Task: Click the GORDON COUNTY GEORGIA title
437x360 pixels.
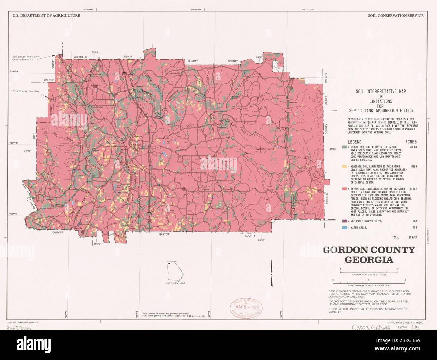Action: [369, 254]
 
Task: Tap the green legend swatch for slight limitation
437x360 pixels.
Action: [344, 147]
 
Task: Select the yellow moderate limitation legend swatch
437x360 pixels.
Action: [344, 166]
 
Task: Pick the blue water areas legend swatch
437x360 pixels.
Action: [344, 228]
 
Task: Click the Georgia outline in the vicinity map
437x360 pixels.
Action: [175, 271]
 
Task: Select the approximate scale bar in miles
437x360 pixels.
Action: [368, 271]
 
